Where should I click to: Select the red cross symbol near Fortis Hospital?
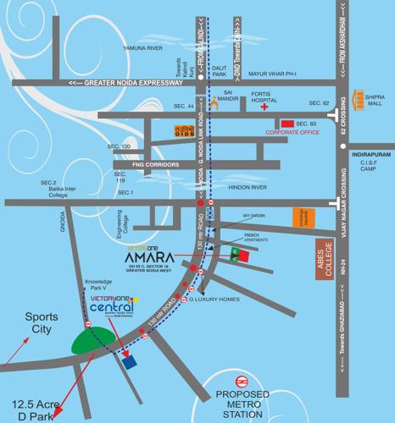[x=264, y=108]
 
